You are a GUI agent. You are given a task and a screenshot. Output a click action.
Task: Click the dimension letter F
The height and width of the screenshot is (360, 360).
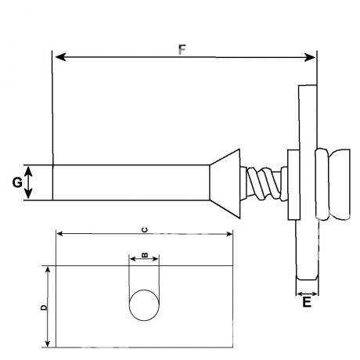point(182,49)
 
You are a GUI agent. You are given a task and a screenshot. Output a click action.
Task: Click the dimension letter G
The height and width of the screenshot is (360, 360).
point(17,182)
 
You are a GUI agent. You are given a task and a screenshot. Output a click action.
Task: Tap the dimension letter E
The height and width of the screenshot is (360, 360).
point(307,302)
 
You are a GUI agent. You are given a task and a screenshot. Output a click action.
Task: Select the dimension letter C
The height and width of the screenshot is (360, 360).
point(145,230)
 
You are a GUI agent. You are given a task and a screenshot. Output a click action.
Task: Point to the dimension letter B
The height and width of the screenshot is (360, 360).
point(145,255)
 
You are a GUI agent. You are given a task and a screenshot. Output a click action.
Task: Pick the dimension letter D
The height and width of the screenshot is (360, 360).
point(45,308)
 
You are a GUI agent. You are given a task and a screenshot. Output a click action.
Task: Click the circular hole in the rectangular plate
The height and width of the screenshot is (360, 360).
point(144,305)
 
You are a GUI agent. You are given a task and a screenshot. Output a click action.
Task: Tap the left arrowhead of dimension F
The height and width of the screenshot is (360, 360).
point(60,57)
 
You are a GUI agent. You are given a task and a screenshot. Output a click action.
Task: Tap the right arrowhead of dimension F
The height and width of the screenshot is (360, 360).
point(310,57)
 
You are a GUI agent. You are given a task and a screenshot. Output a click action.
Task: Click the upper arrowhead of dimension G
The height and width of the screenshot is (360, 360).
point(28,171)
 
